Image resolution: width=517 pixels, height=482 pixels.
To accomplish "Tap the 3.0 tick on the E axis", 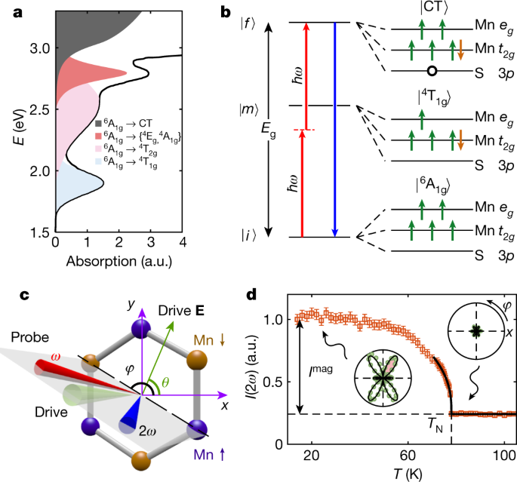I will click(x=38, y=48).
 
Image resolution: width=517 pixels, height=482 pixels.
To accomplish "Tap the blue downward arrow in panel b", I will click(x=334, y=129).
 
